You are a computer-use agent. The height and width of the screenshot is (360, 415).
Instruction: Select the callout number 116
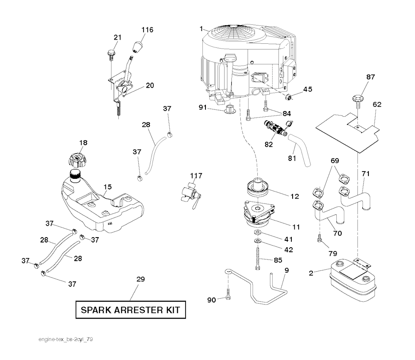pyautogui.click(x=148, y=30)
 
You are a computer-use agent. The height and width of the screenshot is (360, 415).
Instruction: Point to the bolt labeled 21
pyautogui.click(x=110, y=53)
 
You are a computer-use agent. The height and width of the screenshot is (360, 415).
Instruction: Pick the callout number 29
pyautogui.click(x=141, y=279)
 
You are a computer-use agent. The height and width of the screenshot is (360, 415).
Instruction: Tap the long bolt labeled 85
pyautogui.click(x=258, y=257)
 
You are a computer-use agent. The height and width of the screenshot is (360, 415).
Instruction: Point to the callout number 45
pyautogui.click(x=308, y=90)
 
